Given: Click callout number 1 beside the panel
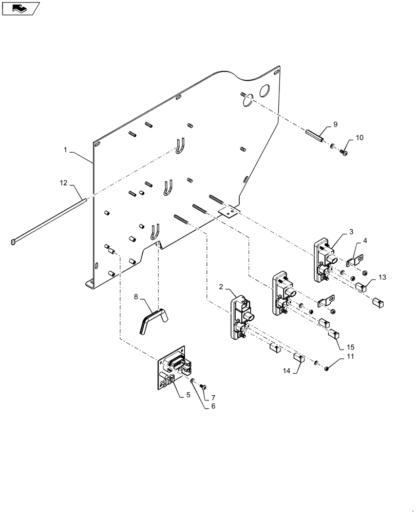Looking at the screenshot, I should (66, 150).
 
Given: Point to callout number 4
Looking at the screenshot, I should (365, 241).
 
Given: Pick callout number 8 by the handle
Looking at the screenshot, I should (137, 297).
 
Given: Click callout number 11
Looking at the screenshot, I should (350, 356).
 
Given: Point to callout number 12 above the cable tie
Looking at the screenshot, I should (63, 183).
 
